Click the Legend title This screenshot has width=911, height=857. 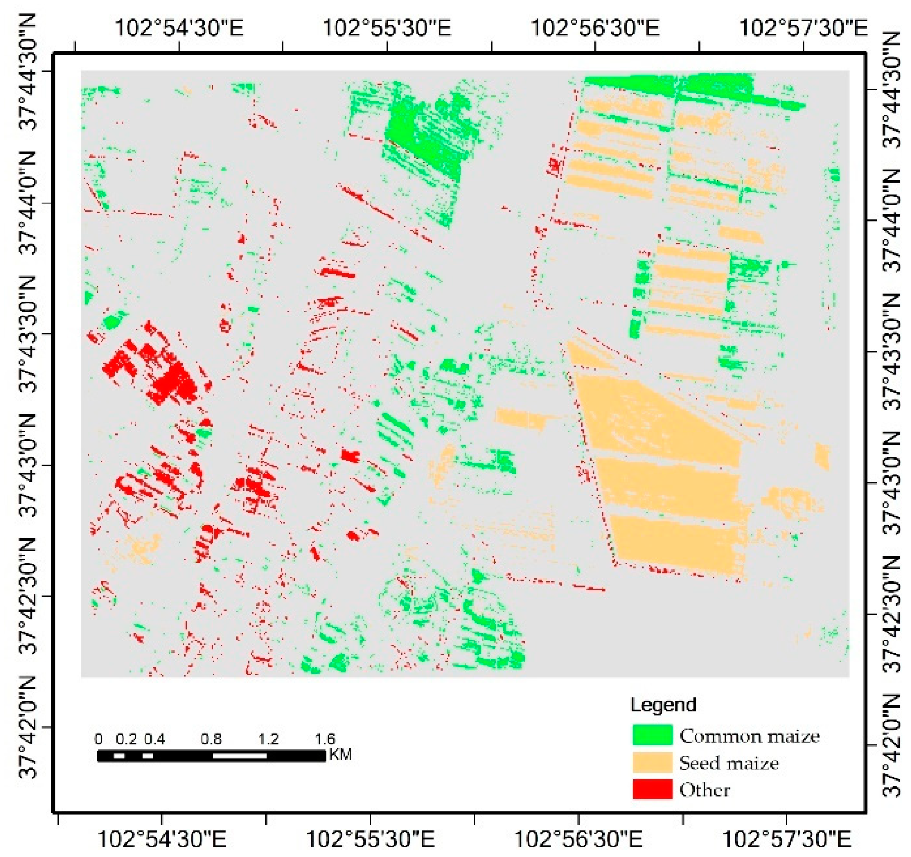point(663,705)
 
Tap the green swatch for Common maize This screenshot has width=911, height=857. point(652,735)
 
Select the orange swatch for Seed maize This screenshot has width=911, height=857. point(652,763)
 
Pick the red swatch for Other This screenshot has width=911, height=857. point(652,789)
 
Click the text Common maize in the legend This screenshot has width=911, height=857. point(749,736)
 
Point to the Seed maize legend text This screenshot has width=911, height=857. point(729,763)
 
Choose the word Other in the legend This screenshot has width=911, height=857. point(704,790)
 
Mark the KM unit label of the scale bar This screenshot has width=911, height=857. point(341,755)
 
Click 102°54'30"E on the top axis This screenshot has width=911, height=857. point(179,27)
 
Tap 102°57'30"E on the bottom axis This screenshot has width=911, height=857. point(786,839)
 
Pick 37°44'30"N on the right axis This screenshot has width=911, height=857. point(891,90)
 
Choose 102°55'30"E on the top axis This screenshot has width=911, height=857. point(387,27)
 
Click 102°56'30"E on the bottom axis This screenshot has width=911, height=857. point(578,839)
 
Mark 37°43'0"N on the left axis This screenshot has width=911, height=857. point(28,465)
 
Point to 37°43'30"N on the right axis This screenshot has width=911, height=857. point(891,352)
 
